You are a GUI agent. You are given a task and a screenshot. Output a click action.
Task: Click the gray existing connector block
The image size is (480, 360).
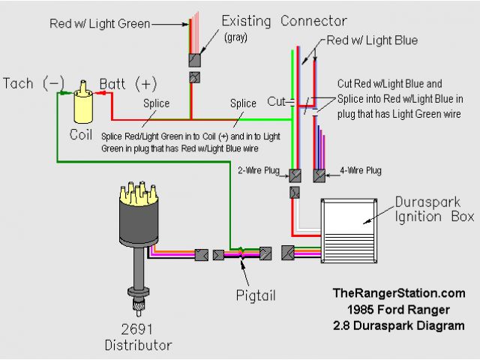194,58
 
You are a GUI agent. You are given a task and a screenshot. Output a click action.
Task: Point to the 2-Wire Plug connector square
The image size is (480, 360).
295,175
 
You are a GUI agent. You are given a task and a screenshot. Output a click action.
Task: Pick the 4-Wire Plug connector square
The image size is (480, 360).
319,175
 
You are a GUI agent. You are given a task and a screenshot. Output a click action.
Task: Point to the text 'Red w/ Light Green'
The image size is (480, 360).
98,24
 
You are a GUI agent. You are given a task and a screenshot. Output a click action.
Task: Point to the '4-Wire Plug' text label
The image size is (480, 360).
361,171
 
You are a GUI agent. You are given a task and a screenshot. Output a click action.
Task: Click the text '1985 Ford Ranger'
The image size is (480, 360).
397,310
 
